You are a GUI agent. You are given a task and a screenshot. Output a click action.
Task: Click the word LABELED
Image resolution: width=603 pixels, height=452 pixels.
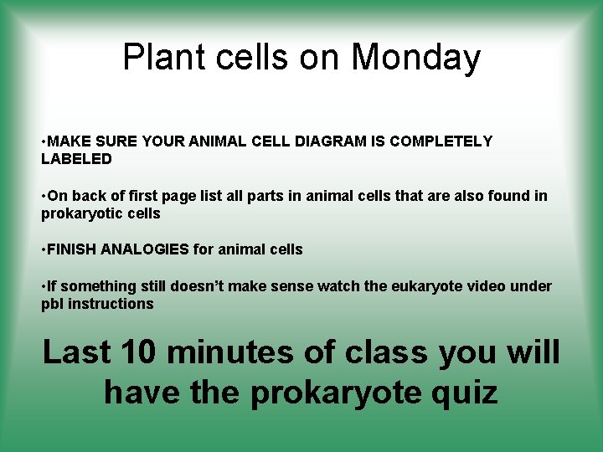pyautogui.click(x=76, y=158)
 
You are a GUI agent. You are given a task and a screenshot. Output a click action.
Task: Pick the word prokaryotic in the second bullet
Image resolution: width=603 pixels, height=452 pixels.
pyautogui.click(x=78, y=213)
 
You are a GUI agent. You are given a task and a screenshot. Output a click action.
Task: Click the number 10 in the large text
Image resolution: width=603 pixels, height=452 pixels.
pyautogui.click(x=134, y=352)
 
